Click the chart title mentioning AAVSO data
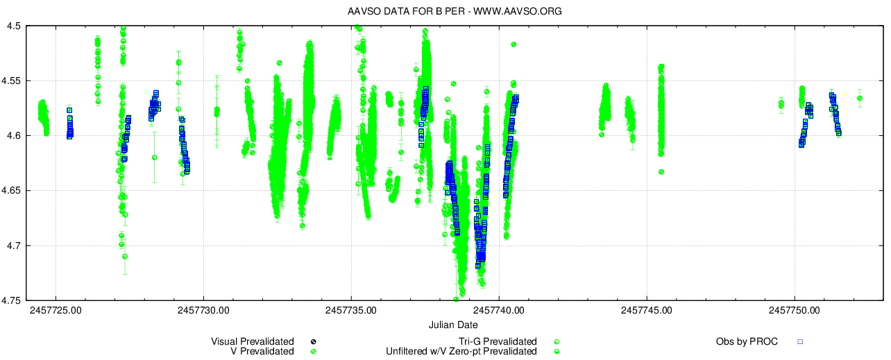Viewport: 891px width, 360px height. [x=445, y=12]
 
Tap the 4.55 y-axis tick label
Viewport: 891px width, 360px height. [x=13, y=81]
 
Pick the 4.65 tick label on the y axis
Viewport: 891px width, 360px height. [x=13, y=191]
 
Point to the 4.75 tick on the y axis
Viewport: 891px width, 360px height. [x=13, y=300]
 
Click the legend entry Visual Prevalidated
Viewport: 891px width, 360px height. [x=253, y=341]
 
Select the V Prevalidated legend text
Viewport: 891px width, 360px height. [x=262, y=352]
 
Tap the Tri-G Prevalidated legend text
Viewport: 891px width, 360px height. [x=498, y=341]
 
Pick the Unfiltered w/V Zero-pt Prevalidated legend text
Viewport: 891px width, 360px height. [x=461, y=352]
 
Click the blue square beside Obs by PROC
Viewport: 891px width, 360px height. [x=799, y=341]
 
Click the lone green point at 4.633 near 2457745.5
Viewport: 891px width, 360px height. [x=661, y=172]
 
